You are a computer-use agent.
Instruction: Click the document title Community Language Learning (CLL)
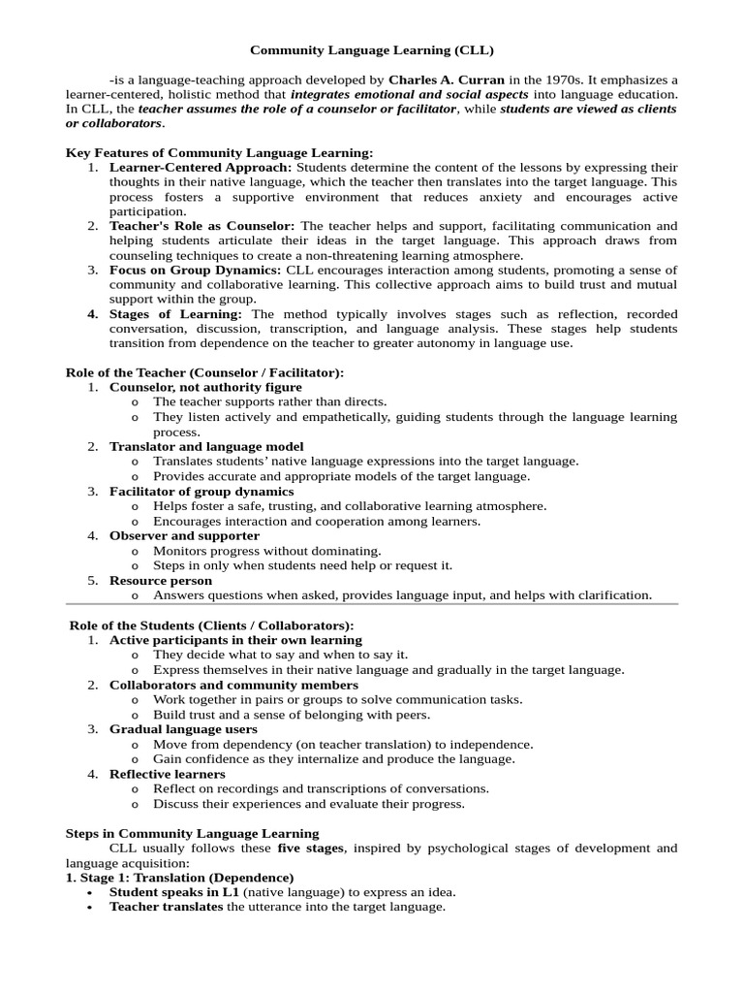tap(372, 49)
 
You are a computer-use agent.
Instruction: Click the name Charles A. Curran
tap(447, 80)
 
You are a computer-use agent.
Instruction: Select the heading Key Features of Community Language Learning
tap(219, 153)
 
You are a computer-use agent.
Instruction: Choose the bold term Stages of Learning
tap(175, 314)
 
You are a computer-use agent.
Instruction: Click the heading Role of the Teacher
tap(204, 372)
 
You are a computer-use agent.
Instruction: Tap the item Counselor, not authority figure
tap(205, 387)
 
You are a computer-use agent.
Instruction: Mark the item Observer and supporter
tap(184, 535)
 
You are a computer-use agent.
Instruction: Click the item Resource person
tap(161, 581)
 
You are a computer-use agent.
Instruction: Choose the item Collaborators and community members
tap(233, 685)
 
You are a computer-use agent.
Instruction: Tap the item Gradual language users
tap(183, 729)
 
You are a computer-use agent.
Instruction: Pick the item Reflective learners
tap(167, 774)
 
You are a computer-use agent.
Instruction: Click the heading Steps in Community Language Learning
tap(192, 833)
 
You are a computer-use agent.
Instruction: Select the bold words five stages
tap(311, 849)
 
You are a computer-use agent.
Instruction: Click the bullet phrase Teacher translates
tap(166, 907)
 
